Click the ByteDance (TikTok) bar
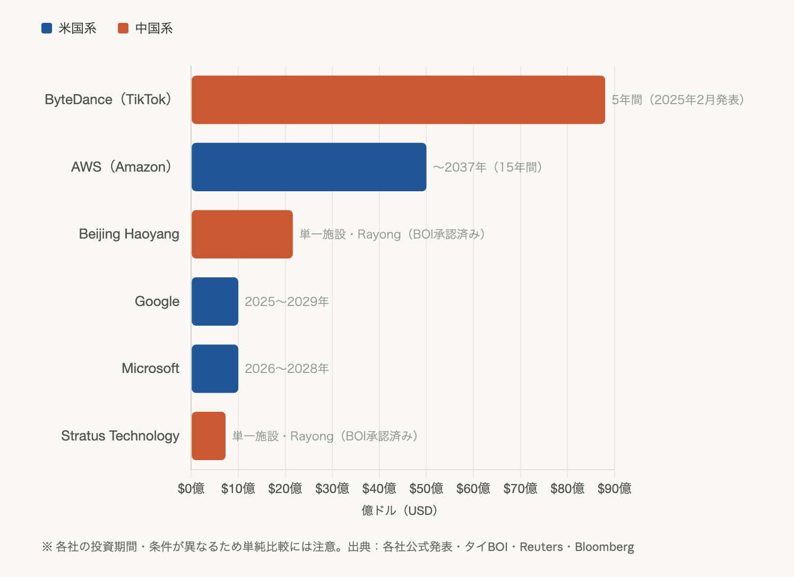pos(398,100)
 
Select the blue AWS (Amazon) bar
pos(309,167)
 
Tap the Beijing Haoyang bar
pos(242,234)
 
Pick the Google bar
pos(215,301)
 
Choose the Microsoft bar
pos(215,369)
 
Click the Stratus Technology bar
pos(209,436)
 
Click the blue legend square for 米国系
pos(47,28)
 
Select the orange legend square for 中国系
pos(123,28)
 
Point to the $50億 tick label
pos(426,488)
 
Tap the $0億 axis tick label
pos(191,488)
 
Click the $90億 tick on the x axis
pos(614,488)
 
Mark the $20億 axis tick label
pos(285,488)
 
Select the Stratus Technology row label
pos(120,436)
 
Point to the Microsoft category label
pos(150,369)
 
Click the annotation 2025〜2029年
pos(287,302)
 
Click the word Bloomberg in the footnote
pos(605,547)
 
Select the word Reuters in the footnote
pos(541,547)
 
